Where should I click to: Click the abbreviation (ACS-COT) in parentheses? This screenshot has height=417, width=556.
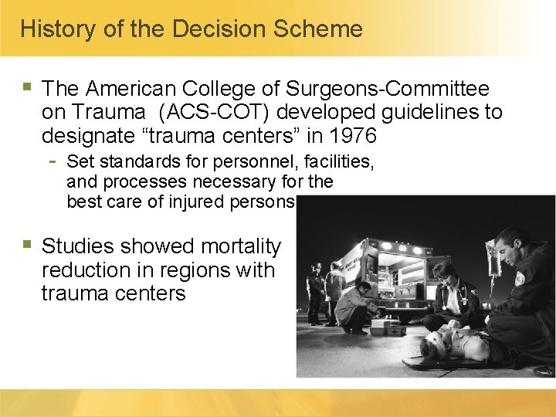coord(215,113)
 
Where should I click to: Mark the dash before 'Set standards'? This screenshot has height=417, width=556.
coord(51,161)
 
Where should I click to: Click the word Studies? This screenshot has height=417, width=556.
coord(80,247)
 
